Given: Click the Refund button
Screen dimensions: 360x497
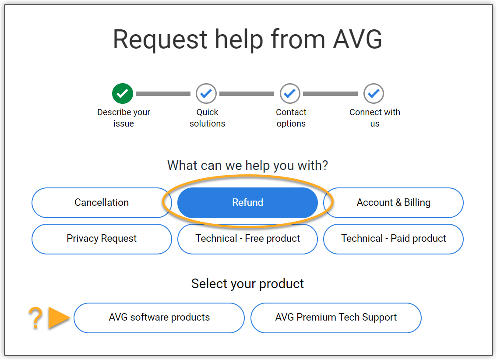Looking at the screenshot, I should tap(247, 202).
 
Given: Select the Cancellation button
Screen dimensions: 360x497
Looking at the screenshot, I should tap(102, 202).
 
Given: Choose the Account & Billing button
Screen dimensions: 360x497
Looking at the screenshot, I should tap(393, 202).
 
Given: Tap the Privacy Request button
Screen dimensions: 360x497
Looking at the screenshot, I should tap(102, 239).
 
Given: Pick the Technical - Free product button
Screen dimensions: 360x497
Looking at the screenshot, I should tap(247, 239).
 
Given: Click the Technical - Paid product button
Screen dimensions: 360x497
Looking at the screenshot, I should tap(393, 239).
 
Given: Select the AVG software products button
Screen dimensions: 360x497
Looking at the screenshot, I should tap(159, 318).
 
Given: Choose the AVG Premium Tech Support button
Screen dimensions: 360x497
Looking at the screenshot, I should tap(336, 318).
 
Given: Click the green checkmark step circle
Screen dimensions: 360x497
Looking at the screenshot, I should tap(123, 93).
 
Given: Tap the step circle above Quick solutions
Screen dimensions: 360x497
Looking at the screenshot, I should tap(206, 93).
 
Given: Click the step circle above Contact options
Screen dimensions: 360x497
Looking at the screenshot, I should tap(290, 93).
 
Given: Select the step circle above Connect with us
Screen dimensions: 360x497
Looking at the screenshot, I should tap(374, 93).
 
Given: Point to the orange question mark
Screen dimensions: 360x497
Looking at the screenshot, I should tap(35, 318).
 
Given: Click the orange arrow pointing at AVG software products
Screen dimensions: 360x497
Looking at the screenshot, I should tap(59, 318).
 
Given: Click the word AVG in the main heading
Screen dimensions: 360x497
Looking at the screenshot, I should tap(357, 39).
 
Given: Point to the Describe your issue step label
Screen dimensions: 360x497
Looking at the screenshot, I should tap(123, 118).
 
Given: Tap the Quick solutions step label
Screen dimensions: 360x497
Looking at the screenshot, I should tap(207, 118).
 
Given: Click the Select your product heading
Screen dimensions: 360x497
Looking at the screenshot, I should tap(247, 284).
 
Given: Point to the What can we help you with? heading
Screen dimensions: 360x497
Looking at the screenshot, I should tap(247, 166).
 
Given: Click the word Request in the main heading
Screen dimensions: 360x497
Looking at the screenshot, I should tap(160, 39).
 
